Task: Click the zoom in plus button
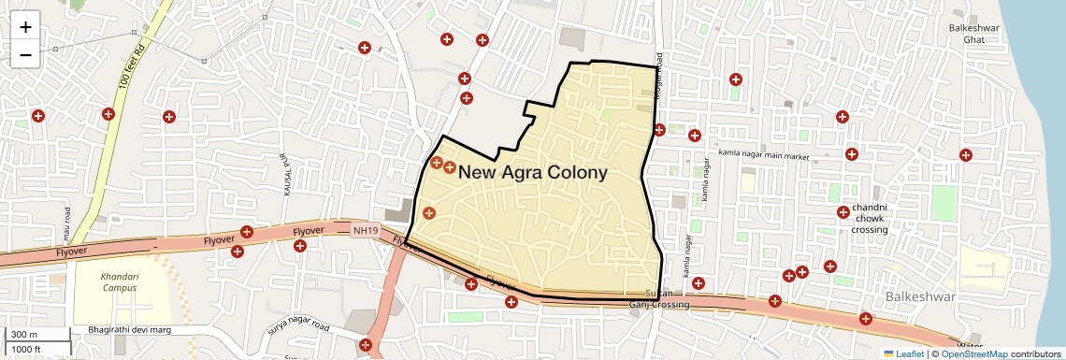coord(25,26)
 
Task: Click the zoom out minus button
coord(25,54)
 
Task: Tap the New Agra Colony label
coord(532,173)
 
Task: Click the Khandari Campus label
coord(119,281)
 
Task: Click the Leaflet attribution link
coord(903,353)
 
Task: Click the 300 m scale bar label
coord(24,335)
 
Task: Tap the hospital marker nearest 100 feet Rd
coord(108,114)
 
